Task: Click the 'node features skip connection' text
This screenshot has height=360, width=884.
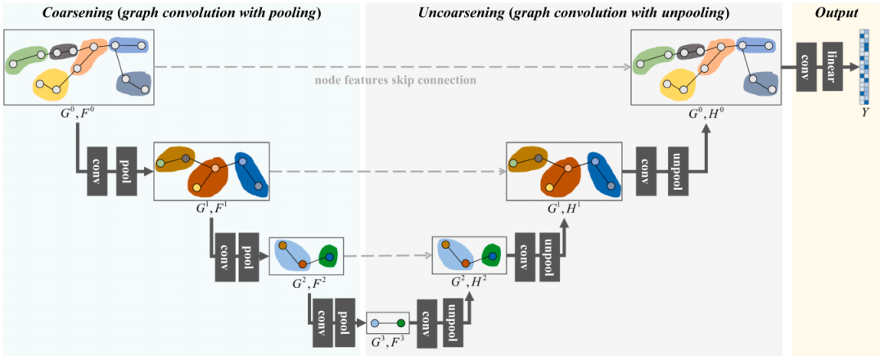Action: coord(396,80)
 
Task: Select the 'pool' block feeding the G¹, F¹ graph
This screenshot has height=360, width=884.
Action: coord(126,172)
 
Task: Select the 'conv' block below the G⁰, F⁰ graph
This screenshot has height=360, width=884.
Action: coord(97,172)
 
